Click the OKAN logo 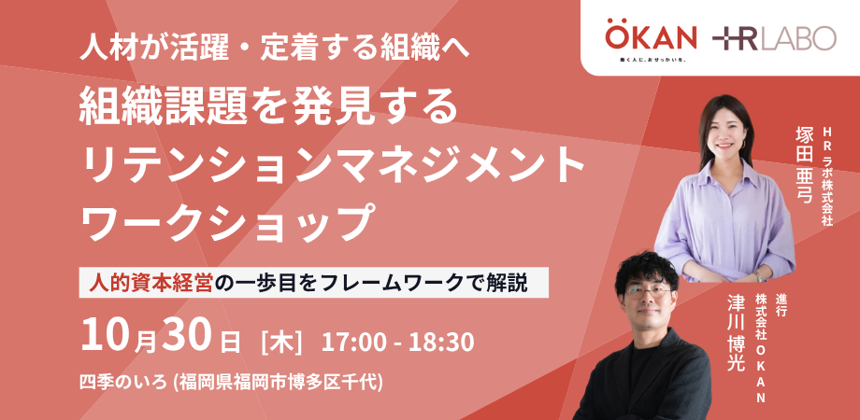(651, 39)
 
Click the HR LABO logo (774, 38)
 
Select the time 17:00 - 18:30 (397, 343)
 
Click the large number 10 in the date (105, 336)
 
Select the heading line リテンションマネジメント (333, 166)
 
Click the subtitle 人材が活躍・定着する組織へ (275, 49)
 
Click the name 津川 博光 (734, 333)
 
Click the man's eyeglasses (649, 291)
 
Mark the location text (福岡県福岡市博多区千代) (277, 383)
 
